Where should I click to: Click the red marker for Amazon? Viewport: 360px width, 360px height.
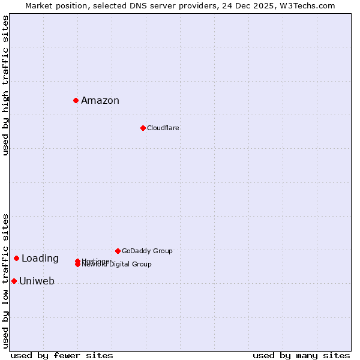76,100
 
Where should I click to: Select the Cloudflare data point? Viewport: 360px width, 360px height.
143,128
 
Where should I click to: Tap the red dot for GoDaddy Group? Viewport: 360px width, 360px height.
118,251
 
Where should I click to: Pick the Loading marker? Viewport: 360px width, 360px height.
16,258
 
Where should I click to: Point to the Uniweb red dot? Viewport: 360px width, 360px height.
14,281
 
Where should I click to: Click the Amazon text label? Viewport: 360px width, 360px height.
100,101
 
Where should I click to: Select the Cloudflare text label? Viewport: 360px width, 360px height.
163,128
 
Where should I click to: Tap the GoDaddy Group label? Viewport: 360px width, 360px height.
147,251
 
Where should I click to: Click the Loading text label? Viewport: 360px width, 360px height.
40,259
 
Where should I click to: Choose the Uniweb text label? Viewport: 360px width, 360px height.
37,281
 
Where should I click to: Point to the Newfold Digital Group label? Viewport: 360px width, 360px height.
118,265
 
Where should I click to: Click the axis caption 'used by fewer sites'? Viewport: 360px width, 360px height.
62,355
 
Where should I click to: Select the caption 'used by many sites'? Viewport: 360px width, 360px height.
301,355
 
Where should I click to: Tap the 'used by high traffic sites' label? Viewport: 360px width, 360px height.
5,85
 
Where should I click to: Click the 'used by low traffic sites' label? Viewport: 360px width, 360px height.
5,281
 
